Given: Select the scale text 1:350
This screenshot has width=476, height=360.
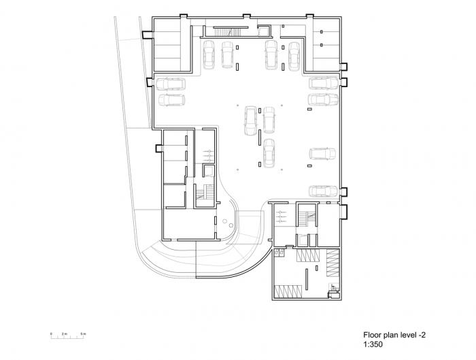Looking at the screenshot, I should point(375,345).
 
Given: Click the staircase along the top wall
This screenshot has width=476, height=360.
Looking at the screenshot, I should point(225,31).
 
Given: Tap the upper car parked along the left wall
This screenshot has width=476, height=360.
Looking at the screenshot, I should point(171,84).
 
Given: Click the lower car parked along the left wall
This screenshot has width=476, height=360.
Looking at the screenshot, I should point(171,100).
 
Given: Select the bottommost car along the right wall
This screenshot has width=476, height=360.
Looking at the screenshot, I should point(323,192).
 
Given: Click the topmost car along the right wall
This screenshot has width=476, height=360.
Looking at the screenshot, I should point(323,84).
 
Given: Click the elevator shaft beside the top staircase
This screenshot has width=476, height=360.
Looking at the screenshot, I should point(265,29).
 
